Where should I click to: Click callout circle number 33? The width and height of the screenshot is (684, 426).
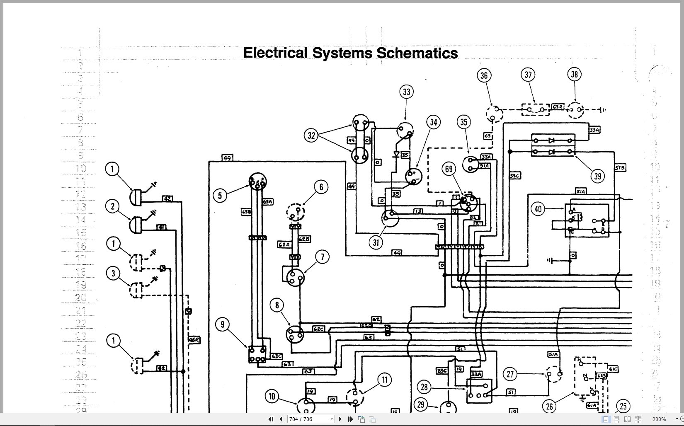click(407, 92)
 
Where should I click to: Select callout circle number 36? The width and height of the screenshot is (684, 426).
click(484, 75)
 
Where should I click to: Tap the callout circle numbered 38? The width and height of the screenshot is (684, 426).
click(574, 75)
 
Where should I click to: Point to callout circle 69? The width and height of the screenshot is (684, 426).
click(449, 169)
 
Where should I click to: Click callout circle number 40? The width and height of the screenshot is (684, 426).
click(538, 209)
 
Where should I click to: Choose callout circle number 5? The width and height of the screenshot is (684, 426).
click(220, 195)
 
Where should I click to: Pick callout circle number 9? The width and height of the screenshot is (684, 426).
click(223, 324)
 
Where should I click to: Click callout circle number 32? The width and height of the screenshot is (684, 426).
click(311, 135)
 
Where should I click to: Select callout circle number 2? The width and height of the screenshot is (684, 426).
click(112, 206)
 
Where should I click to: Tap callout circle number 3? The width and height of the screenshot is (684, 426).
click(113, 273)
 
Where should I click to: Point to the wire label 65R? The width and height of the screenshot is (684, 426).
click(194, 340)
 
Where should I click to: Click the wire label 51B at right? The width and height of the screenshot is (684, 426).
click(620, 167)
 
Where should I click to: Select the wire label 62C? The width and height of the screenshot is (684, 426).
click(318, 329)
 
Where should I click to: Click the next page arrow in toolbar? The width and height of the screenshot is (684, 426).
click(340, 419)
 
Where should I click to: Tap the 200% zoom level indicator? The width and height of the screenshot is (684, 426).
click(659, 419)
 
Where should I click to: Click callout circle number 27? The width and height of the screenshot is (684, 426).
click(510, 374)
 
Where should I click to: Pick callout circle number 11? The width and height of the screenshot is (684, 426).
click(384, 380)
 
